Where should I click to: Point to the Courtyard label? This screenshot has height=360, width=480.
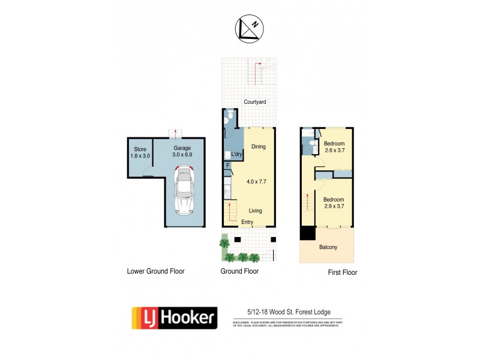tap(254, 103)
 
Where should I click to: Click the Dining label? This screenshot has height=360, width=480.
tap(258, 146)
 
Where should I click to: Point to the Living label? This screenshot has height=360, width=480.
tap(256, 211)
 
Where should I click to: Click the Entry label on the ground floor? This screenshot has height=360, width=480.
tap(247, 223)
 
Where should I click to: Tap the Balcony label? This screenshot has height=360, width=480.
tap(328, 247)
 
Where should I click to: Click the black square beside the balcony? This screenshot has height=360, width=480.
tap(307, 233)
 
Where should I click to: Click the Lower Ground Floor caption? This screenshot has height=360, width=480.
tap(155, 271)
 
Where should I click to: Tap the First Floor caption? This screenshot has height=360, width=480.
tap(342, 272)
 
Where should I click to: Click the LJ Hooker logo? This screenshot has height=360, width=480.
tap(174, 318)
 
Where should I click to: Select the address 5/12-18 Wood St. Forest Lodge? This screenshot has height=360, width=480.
tap(288, 312)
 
